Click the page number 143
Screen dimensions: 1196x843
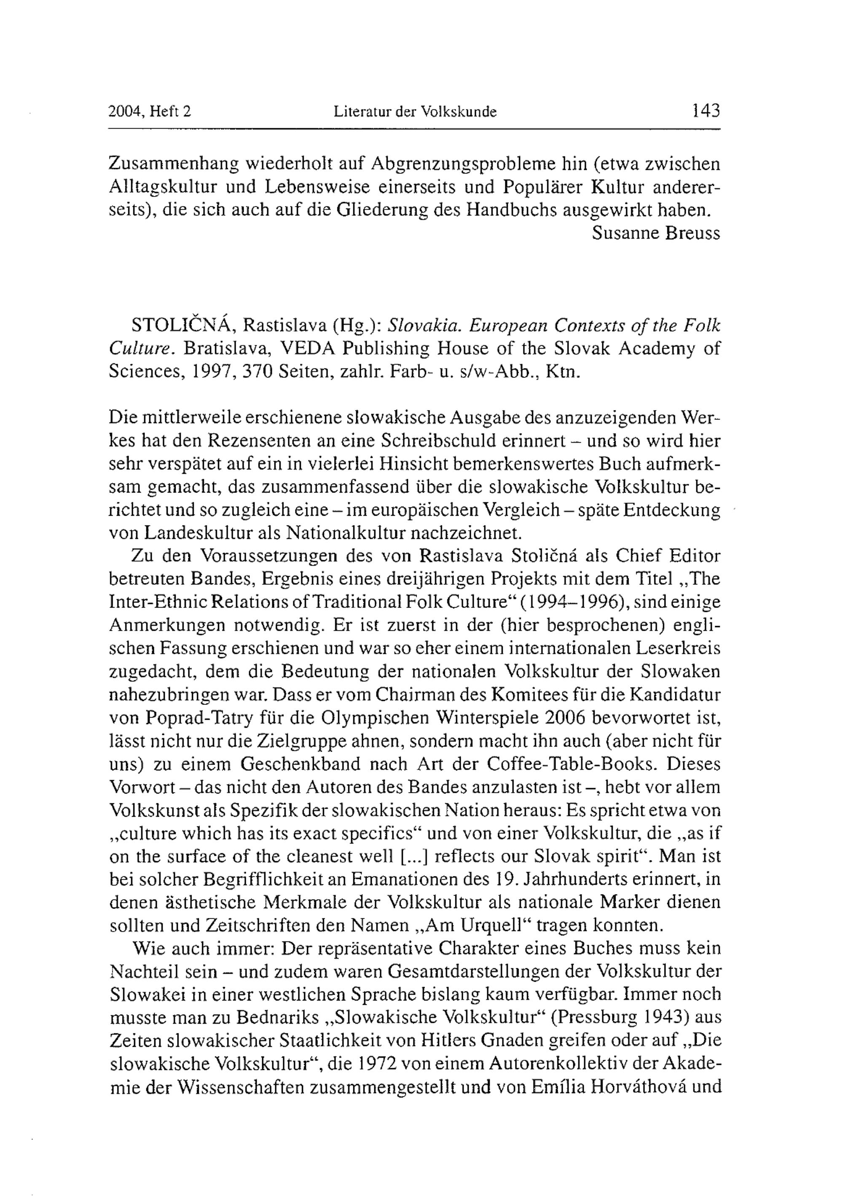(x=705, y=110)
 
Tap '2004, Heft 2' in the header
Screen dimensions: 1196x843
(x=150, y=111)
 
